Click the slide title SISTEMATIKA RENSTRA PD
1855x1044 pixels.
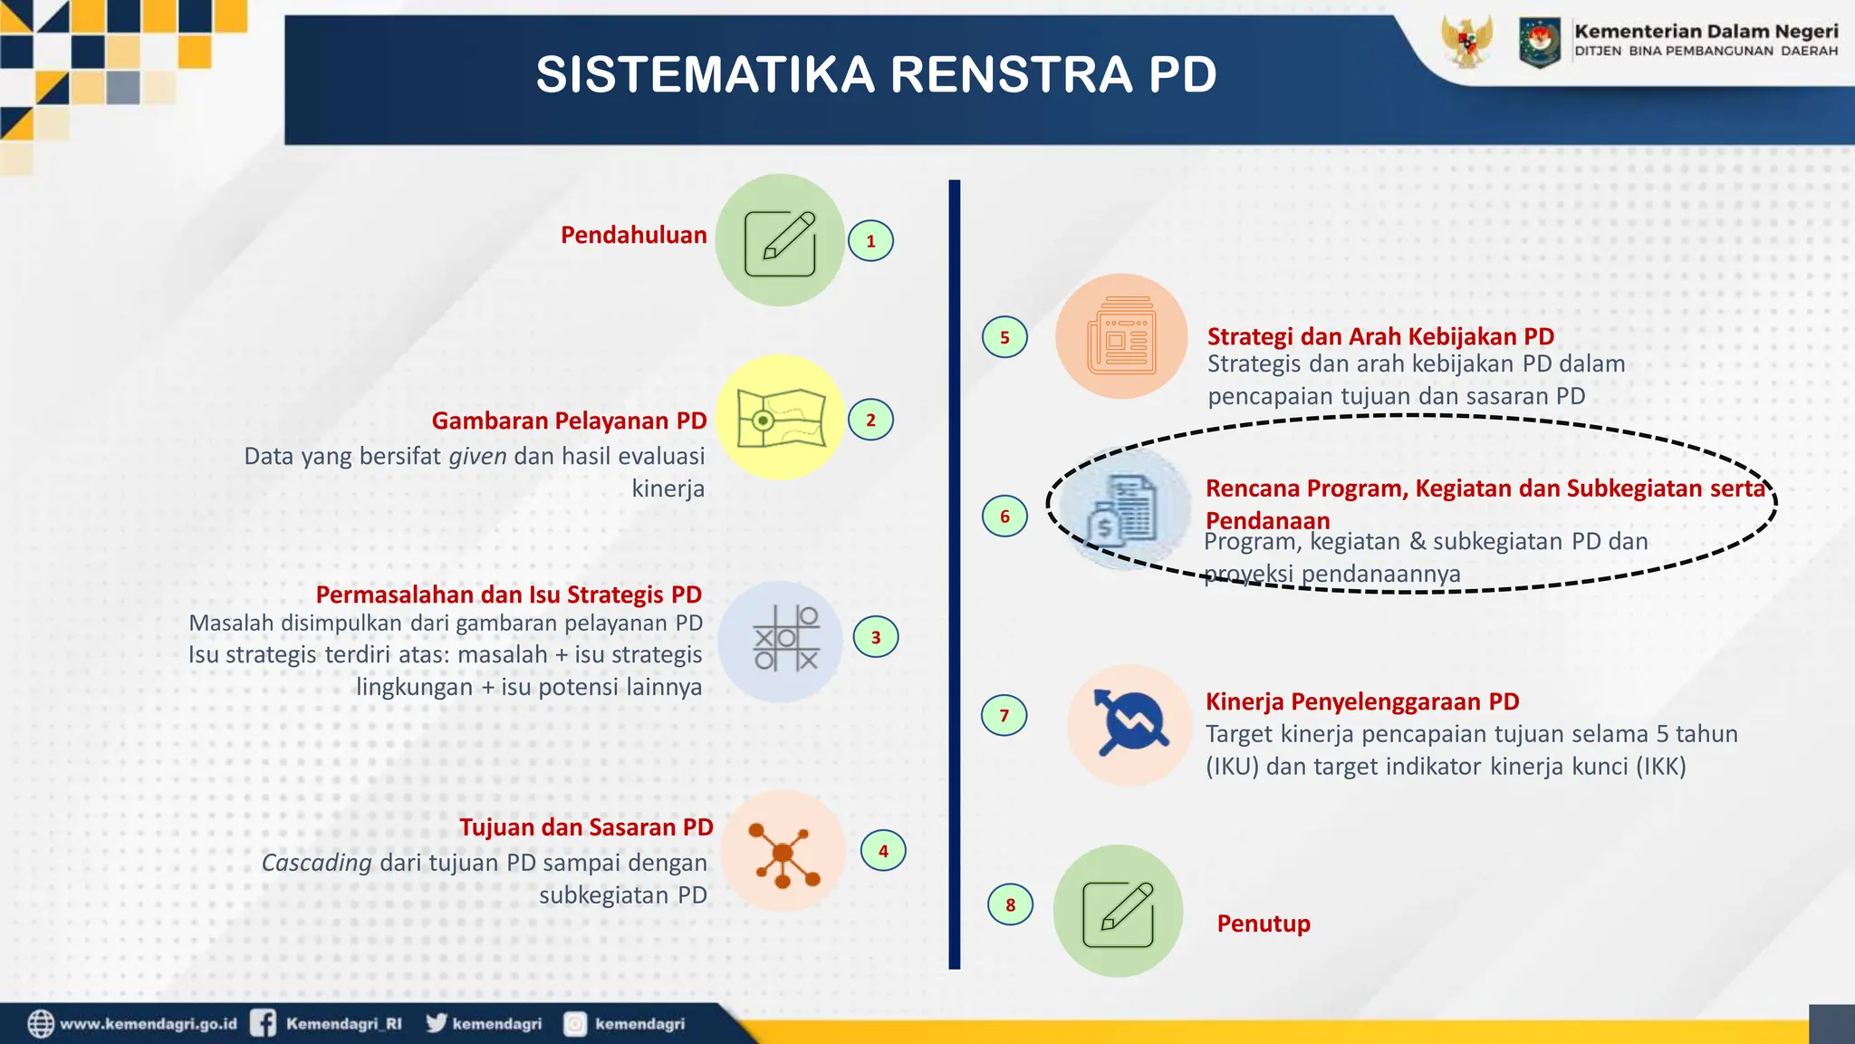click(876, 74)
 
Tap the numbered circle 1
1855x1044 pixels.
click(870, 241)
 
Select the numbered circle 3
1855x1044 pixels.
click(875, 637)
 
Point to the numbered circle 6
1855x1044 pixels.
click(1004, 517)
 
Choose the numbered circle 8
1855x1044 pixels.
click(1010, 904)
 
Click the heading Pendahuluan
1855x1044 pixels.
click(633, 236)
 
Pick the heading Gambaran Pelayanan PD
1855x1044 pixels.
click(569, 421)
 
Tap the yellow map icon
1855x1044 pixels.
click(781, 418)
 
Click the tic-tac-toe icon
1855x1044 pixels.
click(784, 640)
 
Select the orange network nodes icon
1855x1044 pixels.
click(784, 853)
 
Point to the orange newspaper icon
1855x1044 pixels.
click(1121, 337)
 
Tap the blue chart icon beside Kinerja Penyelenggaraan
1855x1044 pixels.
click(1129, 723)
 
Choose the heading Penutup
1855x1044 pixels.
click(1263, 923)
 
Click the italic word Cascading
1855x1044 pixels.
click(316, 863)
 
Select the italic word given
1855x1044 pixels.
click(477, 456)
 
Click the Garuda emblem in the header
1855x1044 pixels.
click(1466, 42)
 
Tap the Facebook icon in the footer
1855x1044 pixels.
click(263, 1023)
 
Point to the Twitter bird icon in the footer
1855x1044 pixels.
click(437, 1023)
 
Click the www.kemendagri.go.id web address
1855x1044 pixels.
click(148, 1024)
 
